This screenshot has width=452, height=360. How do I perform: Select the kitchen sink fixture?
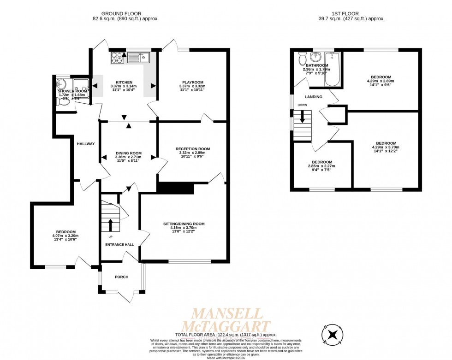(138, 58)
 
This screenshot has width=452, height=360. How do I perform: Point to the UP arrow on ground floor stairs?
(110, 224)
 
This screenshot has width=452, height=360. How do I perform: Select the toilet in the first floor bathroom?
(303, 59)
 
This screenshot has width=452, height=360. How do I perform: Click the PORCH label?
(121, 277)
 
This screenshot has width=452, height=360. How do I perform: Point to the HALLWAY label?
(85, 144)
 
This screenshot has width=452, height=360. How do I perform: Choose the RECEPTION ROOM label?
(192, 149)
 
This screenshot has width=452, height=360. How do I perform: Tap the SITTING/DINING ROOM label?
(184, 224)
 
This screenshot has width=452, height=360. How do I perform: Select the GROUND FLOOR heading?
(122, 14)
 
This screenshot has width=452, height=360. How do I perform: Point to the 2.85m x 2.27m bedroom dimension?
(321, 166)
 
